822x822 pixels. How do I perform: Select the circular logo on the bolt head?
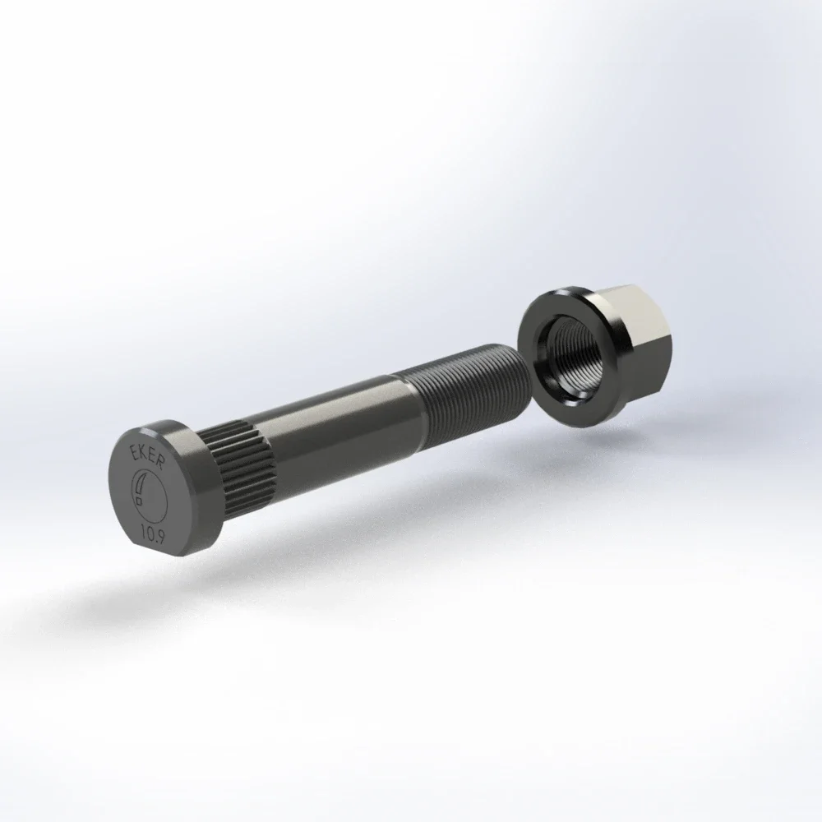pos(149,492)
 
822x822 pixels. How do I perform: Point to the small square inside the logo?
pos(140,501)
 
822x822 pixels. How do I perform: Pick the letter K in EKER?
pos(142,452)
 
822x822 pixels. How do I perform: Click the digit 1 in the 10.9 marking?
pos(144,529)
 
